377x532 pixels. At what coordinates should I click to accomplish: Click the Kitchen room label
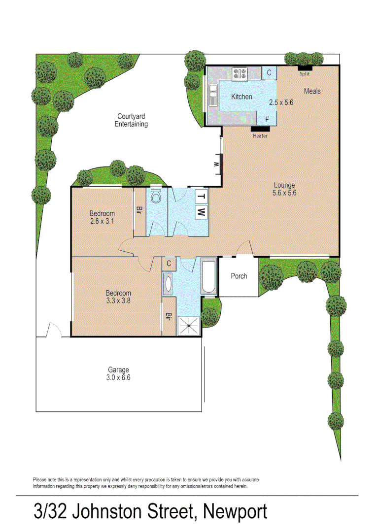click(241, 97)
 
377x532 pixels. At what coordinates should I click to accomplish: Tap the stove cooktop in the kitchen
click(240, 74)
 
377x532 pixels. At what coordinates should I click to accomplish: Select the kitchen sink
click(213, 95)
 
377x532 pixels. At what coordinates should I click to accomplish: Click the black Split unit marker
click(305, 67)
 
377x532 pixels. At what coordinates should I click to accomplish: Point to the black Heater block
click(260, 129)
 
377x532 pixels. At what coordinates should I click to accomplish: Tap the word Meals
click(312, 91)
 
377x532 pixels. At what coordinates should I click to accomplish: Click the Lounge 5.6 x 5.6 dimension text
click(284, 193)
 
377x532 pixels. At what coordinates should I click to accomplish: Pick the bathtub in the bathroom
click(209, 277)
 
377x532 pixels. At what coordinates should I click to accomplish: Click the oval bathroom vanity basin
click(169, 284)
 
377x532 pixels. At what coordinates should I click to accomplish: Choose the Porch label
click(239, 276)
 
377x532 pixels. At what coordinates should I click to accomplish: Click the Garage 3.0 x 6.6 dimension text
click(119, 378)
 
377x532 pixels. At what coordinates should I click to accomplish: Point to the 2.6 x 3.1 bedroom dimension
click(102, 222)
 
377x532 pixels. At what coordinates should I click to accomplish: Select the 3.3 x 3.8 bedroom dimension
click(118, 300)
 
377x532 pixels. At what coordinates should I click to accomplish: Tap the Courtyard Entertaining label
click(131, 120)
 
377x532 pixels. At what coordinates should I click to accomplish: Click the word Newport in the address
click(235, 512)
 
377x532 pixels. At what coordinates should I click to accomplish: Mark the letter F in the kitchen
click(267, 119)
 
